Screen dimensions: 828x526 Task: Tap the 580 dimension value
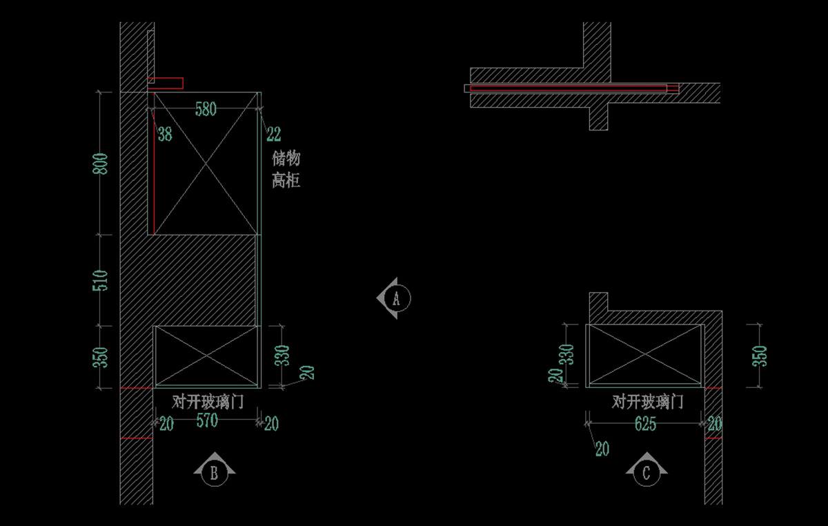pyautogui.click(x=206, y=109)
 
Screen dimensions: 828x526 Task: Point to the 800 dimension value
pyautogui.click(x=100, y=164)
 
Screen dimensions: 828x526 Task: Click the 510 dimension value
pyautogui.click(x=100, y=280)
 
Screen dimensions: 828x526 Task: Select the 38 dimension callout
pyautogui.click(x=165, y=135)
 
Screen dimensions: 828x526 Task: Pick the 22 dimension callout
pyautogui.click(x=274, y=135)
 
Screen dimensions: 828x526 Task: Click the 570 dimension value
pyautogui.click(x=207, y=420)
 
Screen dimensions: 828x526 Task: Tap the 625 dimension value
pyautogui.click(x=645, y=424)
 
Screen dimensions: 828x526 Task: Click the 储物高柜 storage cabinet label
pyautogui.click(x=286, y=169)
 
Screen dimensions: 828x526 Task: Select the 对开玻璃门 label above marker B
pyautogui.click(x=208, y=402)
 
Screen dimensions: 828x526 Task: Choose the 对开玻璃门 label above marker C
pyautogui.click(x=648, y=402)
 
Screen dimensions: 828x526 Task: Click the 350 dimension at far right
pyautogui.click(x=760, y=356)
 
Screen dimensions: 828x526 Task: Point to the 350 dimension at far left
pyautogui.click(x=100, y=358)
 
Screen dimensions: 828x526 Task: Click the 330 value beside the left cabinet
pyautogui.click(x=282, y=355)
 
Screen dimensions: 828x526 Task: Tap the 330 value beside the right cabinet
pyautogui.click(x=566, y=354)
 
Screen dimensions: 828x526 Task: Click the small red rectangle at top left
pyautogui.click(x=165, y=84)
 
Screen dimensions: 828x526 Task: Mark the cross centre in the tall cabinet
pyautogui.click(x=206, y=163)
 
